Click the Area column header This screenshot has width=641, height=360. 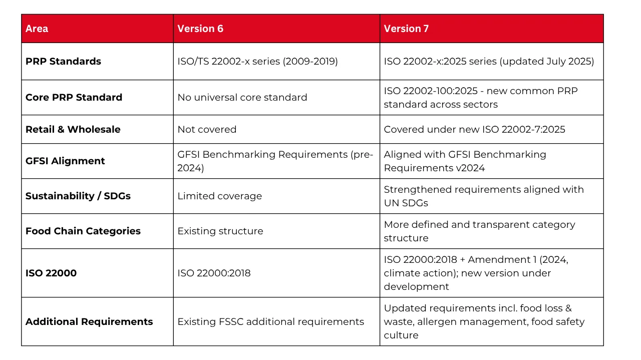click(37, 29)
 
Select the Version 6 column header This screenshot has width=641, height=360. click(200, 29)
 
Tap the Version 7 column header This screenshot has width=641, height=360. click(406, 29)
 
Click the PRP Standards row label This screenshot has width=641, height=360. click(63, 61)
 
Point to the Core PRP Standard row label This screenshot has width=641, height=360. click(74, 97)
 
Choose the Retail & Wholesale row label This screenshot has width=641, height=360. click(73, 129)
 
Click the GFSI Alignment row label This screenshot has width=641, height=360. click(65, 161)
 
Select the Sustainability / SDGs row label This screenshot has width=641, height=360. click(78, 196)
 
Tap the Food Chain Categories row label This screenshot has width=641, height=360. click(83, 231)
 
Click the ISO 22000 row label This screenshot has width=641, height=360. click(51, 273)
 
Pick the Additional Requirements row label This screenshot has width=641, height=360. click(89, 321)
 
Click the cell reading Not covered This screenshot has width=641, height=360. click(207, 129)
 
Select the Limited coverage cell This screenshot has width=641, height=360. click(219, 196)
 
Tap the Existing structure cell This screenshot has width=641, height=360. click(220, 231)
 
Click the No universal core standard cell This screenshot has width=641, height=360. click(242, 97)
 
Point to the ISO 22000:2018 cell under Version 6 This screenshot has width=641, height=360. click(214, 273)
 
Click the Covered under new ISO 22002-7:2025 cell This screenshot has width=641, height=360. click(474, 129)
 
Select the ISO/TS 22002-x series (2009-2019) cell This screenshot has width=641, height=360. click(257, 61)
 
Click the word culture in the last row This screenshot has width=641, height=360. click(401, 335)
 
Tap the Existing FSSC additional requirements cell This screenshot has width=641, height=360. click(270, 321)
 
